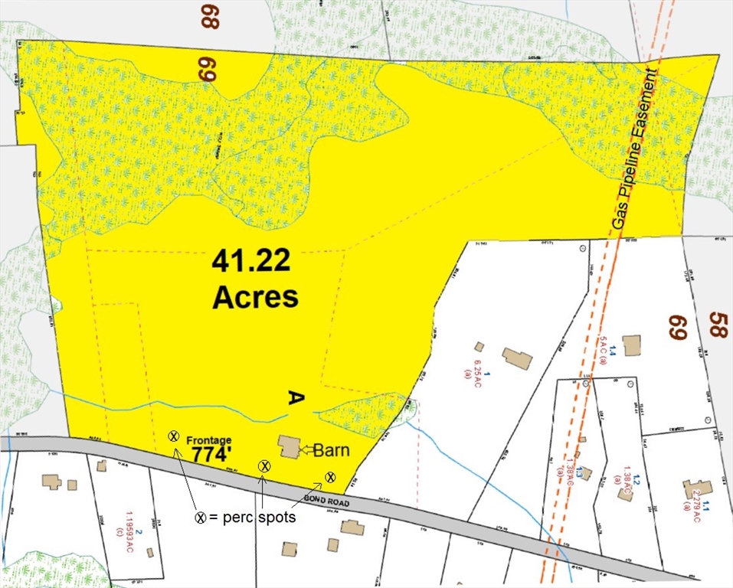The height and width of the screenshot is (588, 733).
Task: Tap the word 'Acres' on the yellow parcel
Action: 254,296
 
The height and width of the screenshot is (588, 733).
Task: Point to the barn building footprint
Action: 290,446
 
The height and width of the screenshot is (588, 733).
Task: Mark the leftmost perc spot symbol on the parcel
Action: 174,436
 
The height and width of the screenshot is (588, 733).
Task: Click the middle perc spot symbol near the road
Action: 264,465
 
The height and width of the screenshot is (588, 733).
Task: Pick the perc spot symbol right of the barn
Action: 330,477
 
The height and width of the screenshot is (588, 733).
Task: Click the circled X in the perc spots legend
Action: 200,518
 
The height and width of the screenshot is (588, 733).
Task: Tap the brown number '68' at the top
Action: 209,15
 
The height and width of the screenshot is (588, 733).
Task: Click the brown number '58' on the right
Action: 717,325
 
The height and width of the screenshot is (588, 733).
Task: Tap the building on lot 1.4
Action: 631,345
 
